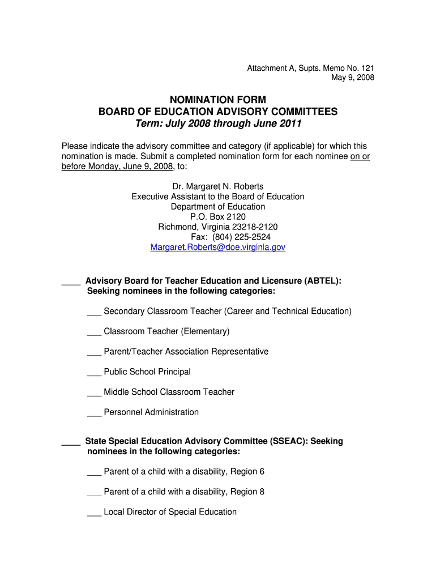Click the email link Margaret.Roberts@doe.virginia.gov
pos(218,248)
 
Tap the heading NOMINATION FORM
pos(218,100)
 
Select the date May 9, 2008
pos(353,78)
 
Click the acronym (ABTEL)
pos(322,281)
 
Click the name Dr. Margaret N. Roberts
pos(218,186)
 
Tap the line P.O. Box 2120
pos(218,217)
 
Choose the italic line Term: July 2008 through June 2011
pos(218,124)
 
